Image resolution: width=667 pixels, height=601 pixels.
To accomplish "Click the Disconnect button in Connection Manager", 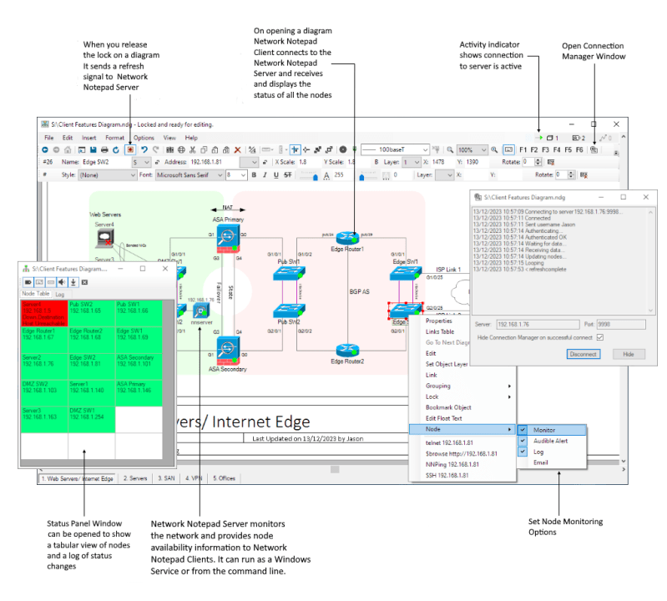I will (x=583, y=354).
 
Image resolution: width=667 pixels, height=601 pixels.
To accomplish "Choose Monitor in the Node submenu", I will (x=544, y=429).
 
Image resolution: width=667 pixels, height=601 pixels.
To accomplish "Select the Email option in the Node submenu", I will (x=542, y=462).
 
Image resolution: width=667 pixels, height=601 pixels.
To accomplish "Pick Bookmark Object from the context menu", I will (x=448, y=407).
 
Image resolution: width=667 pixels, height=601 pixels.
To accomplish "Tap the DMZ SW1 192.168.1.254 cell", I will (x=91, y=416).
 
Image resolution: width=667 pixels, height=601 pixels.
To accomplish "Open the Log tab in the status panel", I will (x=60, y=293).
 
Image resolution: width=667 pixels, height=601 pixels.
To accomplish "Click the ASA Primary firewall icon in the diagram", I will (x=225, y=235).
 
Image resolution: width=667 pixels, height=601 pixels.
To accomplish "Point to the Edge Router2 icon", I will (x=346, y=350).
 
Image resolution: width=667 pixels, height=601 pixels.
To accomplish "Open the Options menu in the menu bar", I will (x=144, y=137).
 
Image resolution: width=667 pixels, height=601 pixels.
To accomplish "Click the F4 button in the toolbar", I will (x=557, y=149).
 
